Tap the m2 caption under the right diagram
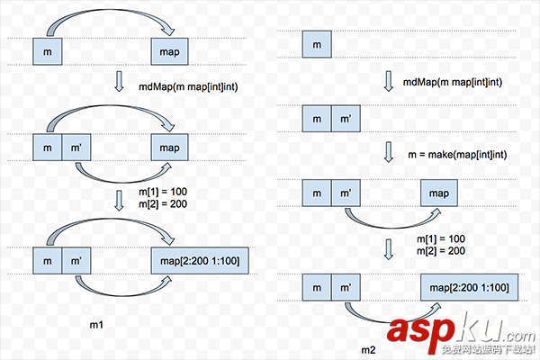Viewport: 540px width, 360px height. point(368,348)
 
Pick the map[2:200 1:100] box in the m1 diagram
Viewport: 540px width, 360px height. point(199,262)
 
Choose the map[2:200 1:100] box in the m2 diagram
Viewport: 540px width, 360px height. point(464,287)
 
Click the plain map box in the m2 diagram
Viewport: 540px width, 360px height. point(438,193)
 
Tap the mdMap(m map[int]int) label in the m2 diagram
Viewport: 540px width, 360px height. point(454,82)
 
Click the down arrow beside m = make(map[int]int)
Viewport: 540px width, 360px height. point(389,153)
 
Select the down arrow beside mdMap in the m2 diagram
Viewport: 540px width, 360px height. point(389,81)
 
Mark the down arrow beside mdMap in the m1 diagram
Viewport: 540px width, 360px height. point(120,85)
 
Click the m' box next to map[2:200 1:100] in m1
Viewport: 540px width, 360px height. point(77,262)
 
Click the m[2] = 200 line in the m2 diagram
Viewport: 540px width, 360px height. point(441,249)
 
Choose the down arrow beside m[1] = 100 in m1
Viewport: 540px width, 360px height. point(120,198)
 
